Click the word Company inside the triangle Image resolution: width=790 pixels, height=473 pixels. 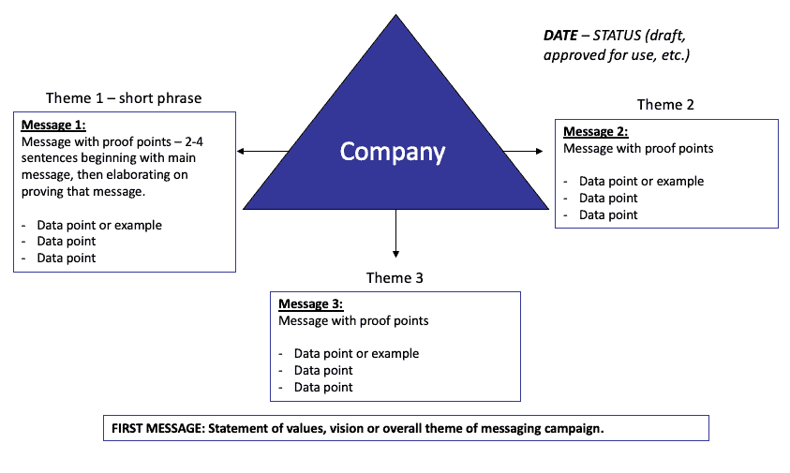point(393,152)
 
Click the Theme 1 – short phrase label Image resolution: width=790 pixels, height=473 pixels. point(124,98)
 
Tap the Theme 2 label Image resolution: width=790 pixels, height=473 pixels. point(665,105)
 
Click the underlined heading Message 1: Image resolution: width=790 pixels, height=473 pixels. point(52,125)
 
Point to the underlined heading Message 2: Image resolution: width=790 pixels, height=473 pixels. point(595,131)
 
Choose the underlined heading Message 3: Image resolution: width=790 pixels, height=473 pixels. point(311,304)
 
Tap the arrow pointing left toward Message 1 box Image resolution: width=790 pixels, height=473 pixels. point(244,151)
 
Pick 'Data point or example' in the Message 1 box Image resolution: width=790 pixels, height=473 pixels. point(99,225)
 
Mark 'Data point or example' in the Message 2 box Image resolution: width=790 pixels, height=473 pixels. point(641,181)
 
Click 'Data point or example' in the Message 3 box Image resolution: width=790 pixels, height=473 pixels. point(356,353)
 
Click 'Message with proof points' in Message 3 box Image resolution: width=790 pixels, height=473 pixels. point(353,320)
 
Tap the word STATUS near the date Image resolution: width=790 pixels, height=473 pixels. point(619,36)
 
